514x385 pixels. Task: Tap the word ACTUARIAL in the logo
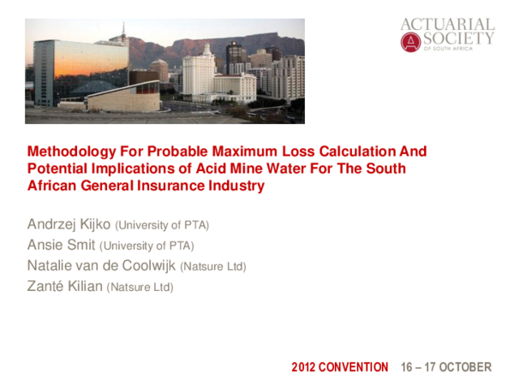click(x=447, y=25)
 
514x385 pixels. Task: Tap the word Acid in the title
click(x=205, y=169)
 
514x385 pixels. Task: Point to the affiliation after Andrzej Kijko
click(x=163, y=226)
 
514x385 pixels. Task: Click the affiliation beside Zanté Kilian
click(x=140, y=287)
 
